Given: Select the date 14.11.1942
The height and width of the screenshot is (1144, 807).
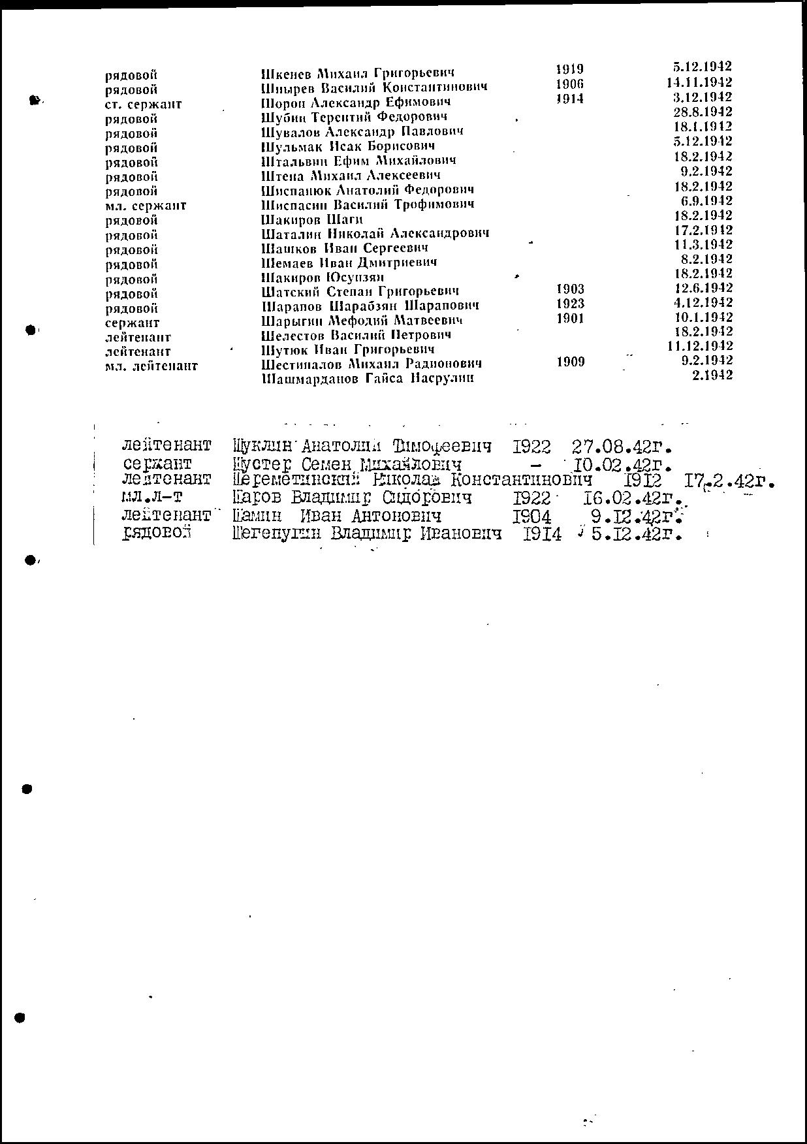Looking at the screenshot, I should [699, 82].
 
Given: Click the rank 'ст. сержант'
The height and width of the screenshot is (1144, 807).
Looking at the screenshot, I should [143, 104].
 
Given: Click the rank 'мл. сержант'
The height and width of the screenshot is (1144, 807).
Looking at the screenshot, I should [145, 206].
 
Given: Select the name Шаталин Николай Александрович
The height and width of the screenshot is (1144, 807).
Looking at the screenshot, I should [375, 234].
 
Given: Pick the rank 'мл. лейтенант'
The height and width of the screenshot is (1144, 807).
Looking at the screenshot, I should [151, 366].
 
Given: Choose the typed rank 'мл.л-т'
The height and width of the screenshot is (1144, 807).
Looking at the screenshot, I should [152, 498].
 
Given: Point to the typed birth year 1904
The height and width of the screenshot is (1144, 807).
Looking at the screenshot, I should [531, 517].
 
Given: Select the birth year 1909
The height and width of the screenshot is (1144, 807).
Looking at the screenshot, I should [570, 362].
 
